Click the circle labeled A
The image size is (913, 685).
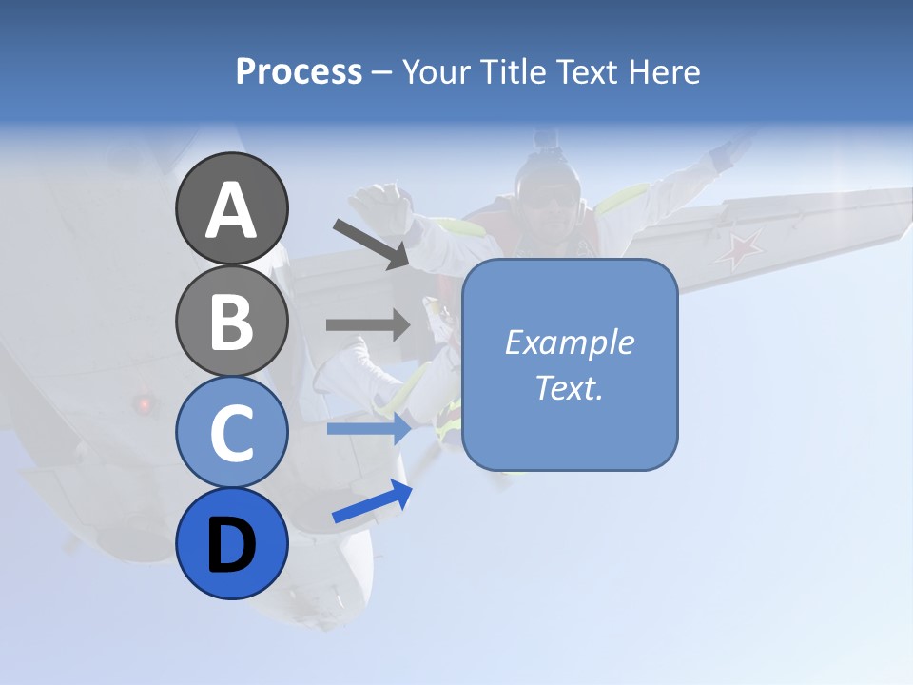tap(231, 208)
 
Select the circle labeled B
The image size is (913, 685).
tap(231, 321)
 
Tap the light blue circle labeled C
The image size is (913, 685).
tap(231, 432)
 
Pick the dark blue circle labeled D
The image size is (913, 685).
tap(231, 543)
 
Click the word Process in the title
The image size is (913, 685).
tap(299, 72)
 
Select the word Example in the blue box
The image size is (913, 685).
tap(569, 342)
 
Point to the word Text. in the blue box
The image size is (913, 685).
tap(569, 387)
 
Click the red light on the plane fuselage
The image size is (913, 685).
tap(145, 404)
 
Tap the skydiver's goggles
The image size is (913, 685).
tap(548, 198)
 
